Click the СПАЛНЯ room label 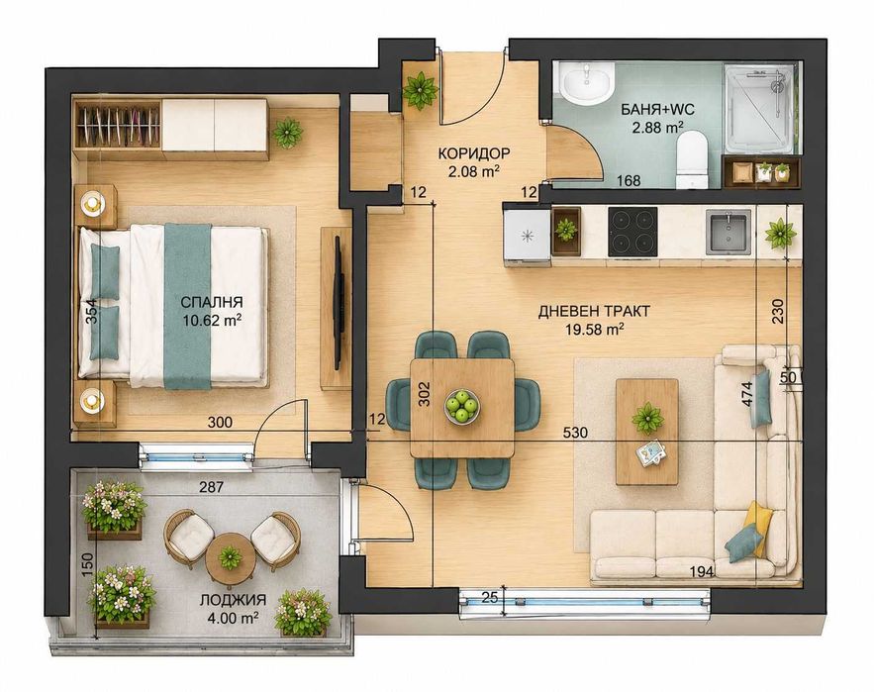(x=212, y=302)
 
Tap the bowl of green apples (x=461, y=405)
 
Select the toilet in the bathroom (x=692, y=160)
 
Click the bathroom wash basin (x=587, y=83)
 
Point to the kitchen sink (x=728, y=232)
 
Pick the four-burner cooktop (x=632, y=232)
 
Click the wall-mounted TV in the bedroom (x=338, y=302)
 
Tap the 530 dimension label (x=575, y=433)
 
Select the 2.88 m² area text (x=658, y=128)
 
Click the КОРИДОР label (x=474, y=153)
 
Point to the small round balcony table (x=231, y=557)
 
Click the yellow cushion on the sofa (x=758, y=528)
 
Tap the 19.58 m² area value (x=594, y=329)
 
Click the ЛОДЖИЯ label (x=233, y=600)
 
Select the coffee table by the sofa (x=647, y=433)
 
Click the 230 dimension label (x=778, y=312)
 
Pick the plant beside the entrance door (x=421, y=90)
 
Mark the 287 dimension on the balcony (x=211, y=487)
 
